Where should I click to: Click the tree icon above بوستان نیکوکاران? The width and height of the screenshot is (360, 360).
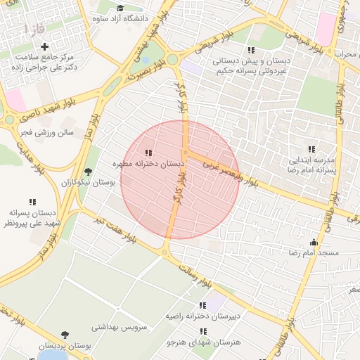point(88,171)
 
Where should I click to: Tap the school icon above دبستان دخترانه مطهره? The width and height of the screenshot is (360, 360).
point(148,152)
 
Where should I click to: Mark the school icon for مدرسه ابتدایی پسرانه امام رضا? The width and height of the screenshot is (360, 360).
point(311,149)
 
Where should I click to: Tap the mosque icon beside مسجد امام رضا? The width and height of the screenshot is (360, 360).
point(314,242)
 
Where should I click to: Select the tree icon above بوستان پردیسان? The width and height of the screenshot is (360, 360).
point(65,335)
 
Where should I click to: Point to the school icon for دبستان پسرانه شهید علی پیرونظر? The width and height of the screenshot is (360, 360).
point(32,201)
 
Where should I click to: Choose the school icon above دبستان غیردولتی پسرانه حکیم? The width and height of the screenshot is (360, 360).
point(251,50)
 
